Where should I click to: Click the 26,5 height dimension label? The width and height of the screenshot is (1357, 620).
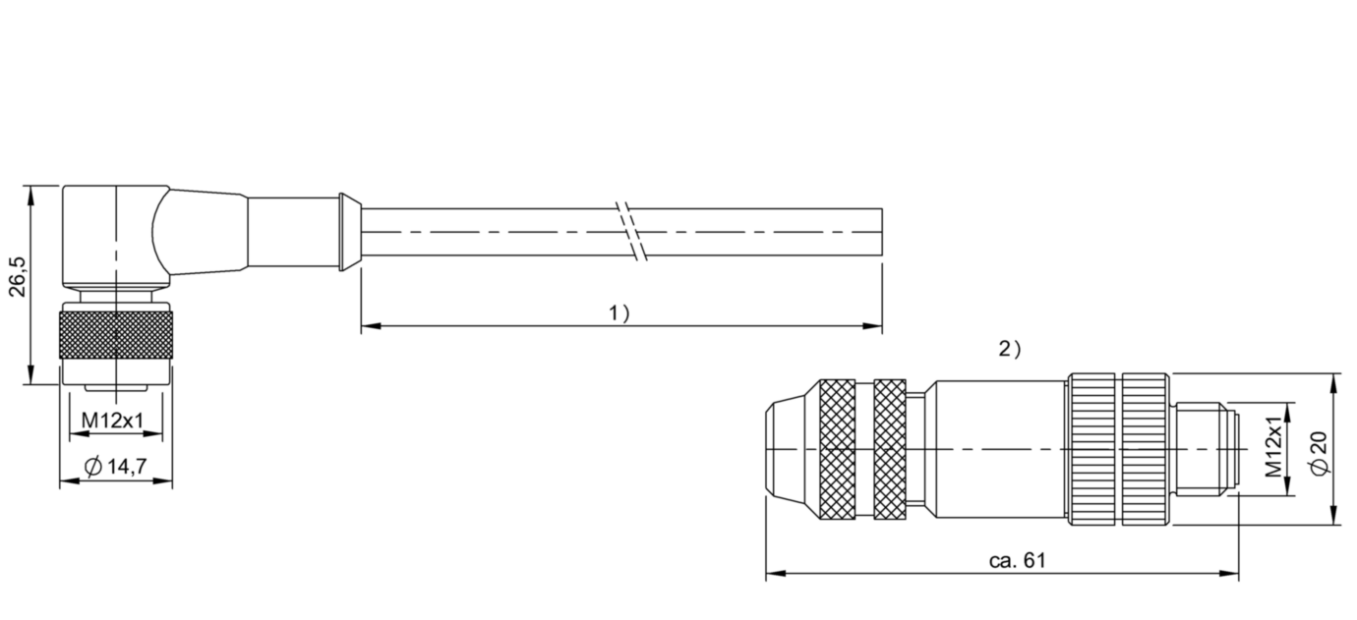click(x=18, y=277)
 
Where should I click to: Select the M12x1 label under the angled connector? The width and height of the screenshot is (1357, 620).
click(x=113, y=420)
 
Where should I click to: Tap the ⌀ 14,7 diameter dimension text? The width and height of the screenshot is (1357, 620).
click(x=115, y=466)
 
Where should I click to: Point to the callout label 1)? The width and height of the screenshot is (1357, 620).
click(x=619, y=313)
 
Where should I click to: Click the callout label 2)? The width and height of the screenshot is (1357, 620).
click(x=1009, y=349)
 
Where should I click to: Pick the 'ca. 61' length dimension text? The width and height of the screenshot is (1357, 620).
click(x=1018, y=560)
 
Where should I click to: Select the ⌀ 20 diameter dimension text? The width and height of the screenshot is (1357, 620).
click(x=1319, y=453)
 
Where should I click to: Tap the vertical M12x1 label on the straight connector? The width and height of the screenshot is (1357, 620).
click(x=1274, y=447)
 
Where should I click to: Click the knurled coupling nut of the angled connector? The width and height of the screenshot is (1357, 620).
click(x=116, y=335)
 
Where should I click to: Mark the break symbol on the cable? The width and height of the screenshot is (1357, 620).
click(x=632, y=232)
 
